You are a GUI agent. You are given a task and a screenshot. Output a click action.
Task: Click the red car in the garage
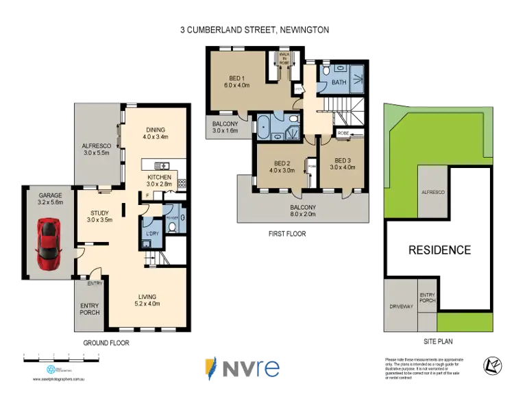point(49,243)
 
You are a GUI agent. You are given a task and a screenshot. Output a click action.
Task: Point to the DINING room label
point(155,132)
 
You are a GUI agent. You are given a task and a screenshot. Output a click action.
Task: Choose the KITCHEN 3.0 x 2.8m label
point(159,180)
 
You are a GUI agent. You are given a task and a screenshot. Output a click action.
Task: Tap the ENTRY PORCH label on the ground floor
point(89,309)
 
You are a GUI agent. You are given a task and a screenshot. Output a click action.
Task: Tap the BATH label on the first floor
point(339,82)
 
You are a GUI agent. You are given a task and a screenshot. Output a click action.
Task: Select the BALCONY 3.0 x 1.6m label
point(224,127)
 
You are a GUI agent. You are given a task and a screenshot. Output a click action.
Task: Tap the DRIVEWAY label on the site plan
point(401,306)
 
